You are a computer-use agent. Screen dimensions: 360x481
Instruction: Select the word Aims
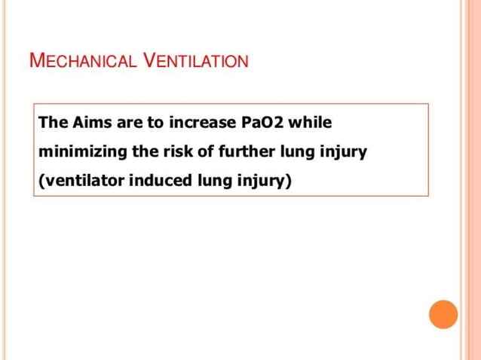84,122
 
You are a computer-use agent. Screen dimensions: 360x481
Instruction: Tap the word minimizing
82,151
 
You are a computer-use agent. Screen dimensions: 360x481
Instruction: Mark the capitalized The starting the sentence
51,122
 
